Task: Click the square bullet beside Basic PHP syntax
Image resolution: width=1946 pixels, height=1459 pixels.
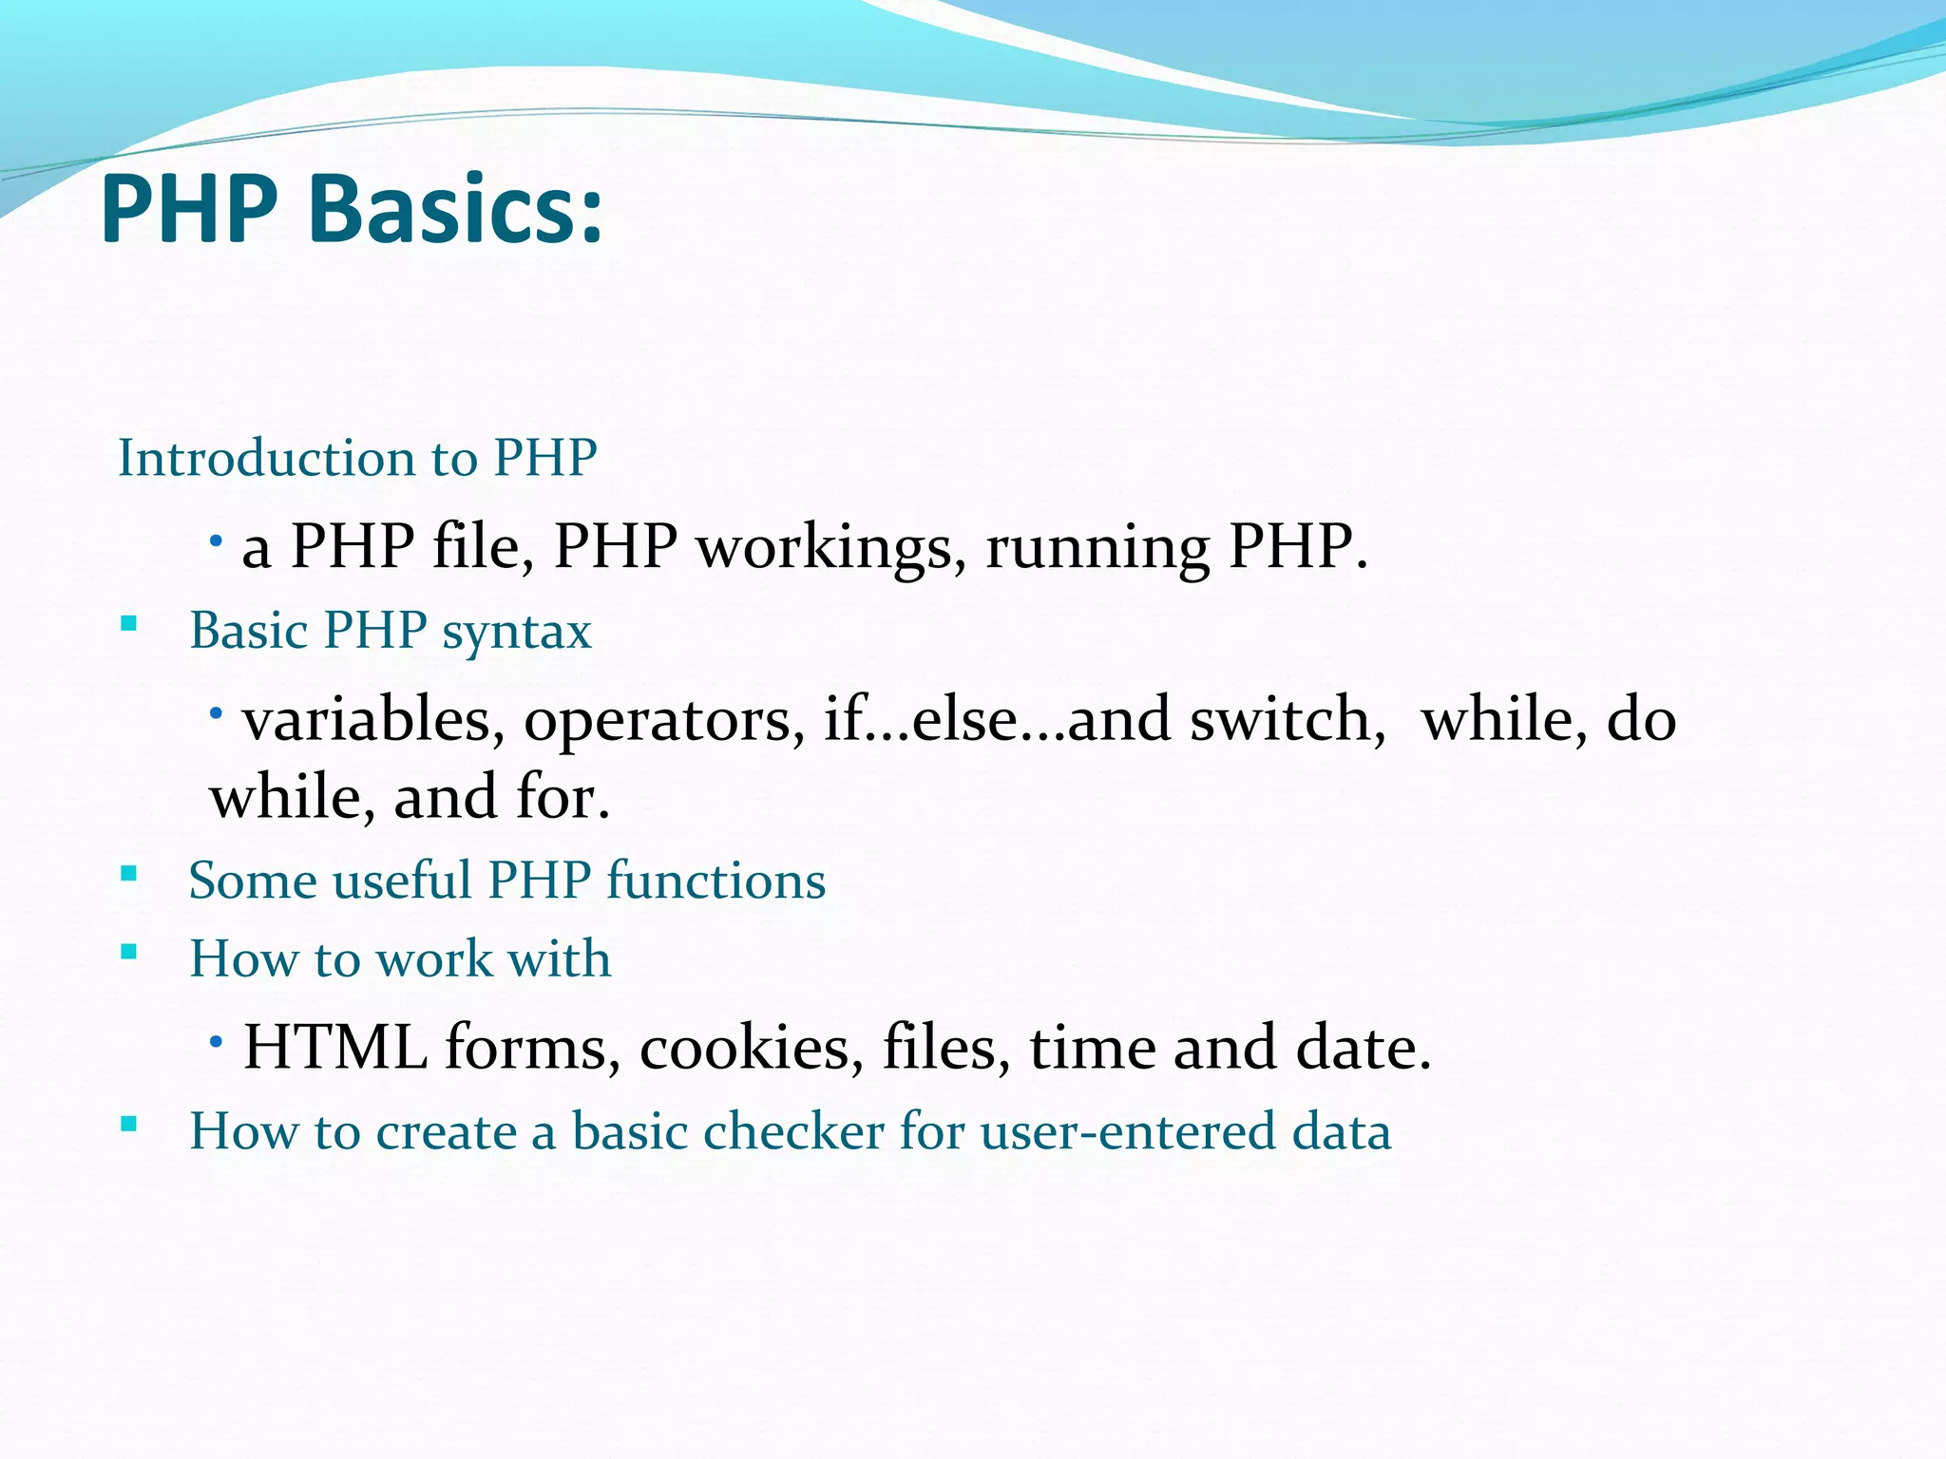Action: (x=129, y=625)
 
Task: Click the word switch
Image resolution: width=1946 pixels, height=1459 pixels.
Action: (x=1287, y=719)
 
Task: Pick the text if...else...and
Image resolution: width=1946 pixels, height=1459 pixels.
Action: (x=997, y=719)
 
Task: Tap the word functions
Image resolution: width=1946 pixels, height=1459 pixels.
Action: (x=715, y=881)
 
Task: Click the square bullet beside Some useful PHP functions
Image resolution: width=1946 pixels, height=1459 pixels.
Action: (x=129, y=874)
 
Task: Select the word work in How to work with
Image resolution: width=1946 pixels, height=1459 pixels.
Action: (x=435, y=958)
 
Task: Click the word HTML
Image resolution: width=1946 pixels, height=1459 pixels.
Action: (x=334, y=1048)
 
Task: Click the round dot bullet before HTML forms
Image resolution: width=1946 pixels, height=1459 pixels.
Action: (x=217, y=1042)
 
